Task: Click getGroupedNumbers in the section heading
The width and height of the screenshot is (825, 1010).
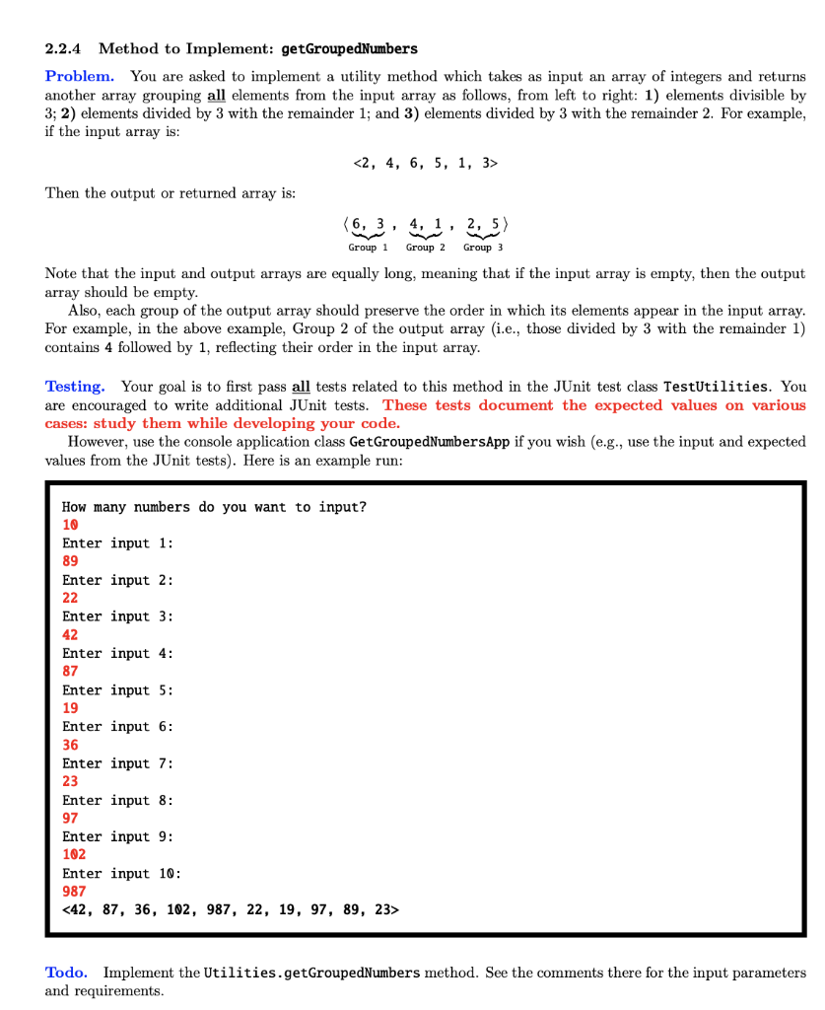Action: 349,48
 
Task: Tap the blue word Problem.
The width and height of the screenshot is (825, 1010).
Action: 80,76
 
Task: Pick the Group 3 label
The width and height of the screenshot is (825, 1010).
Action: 483,247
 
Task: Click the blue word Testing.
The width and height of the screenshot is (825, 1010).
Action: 75,386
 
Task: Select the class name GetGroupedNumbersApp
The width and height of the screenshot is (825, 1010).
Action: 430,442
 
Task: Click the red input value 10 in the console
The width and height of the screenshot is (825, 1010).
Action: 70,525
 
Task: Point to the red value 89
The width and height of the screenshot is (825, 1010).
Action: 70,561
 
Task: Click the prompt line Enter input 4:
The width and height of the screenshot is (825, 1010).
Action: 117,653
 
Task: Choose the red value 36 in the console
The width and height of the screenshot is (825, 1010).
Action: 70,746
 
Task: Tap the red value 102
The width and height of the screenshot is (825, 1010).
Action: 74,854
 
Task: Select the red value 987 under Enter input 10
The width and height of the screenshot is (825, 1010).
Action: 74,891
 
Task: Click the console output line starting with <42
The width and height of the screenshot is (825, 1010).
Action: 231,909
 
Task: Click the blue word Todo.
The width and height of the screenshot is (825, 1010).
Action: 66,973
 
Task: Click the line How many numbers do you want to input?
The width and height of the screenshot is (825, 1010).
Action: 214,507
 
